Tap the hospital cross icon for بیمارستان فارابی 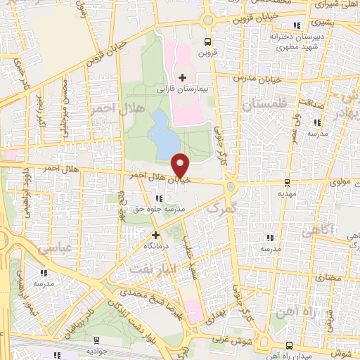183,77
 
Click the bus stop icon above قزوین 206,41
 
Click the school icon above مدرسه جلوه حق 166,199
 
